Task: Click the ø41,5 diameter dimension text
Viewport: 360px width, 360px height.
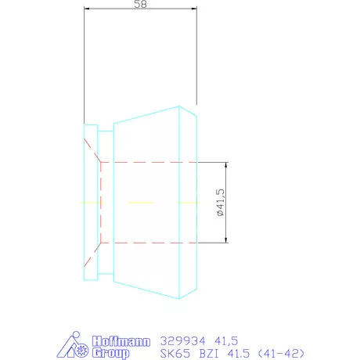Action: click(220, 202)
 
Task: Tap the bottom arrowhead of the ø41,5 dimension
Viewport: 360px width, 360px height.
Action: click(227, 239)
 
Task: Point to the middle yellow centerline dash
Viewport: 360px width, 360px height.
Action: click(141, 202)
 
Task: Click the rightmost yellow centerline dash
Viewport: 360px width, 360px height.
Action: click(188, 202)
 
